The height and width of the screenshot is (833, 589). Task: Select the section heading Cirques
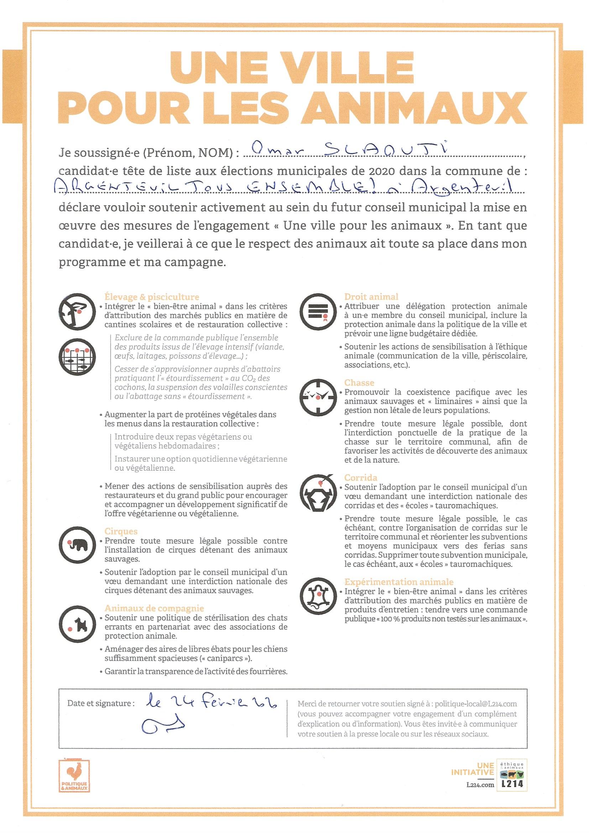pos(121,532)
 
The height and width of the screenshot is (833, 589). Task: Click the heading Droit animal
pos(371,297)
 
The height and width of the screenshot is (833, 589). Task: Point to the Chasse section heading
pos(359,383)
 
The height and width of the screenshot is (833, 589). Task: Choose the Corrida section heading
pos(360,478)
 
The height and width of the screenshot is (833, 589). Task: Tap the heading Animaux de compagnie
pos(154,609)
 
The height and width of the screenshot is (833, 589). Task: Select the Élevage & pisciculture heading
pos(152,297)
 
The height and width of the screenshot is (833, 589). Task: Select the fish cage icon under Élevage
pos(78,357)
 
